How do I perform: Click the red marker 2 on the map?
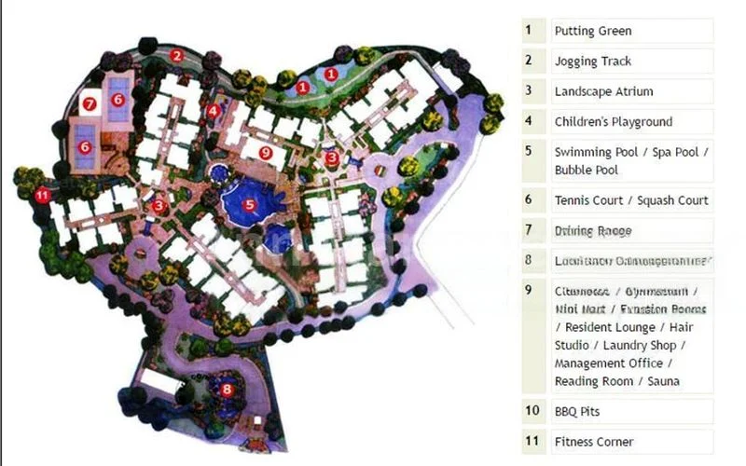click(176, 55)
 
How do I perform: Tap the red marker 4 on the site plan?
click(214, 111)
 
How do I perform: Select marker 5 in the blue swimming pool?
click(249, 204)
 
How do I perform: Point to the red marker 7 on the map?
click(90, 103)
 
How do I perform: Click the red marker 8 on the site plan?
click(226, 390)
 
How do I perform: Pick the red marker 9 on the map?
click(266, 152)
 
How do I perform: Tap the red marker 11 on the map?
click(42, 196)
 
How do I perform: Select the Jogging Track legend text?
click(593, 62)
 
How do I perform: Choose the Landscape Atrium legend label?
click(603, 91)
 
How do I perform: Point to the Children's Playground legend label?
click(613, 121)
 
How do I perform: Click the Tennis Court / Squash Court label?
click(631, 199)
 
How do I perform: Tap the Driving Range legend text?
click(593, 229)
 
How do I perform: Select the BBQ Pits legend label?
click(578, 411)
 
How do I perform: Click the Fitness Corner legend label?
click(594, 442)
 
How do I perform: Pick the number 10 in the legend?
click(532, 410)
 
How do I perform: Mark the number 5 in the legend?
click(529, 151)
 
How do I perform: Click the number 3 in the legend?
click(529, 90)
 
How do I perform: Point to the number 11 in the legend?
click(532, 441)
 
